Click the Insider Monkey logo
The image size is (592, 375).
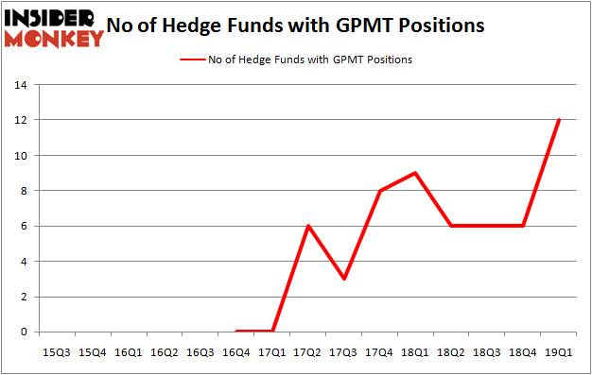coord(53,27)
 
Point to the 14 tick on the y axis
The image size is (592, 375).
coord(19,85)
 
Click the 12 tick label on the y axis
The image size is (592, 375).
coord(19,120)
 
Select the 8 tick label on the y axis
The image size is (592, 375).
coord(22,191)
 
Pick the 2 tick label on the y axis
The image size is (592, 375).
coord(22,297)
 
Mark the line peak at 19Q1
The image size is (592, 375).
coord(559,120)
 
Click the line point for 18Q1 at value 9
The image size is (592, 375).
coord(415,173)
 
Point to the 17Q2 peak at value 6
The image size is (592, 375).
coord(307,226)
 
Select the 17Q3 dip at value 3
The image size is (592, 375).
coord(343,279)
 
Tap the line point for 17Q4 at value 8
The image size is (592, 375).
coord(379,191)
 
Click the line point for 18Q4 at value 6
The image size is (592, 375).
coord(523,226)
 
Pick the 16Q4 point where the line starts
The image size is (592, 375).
coord(235,332)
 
